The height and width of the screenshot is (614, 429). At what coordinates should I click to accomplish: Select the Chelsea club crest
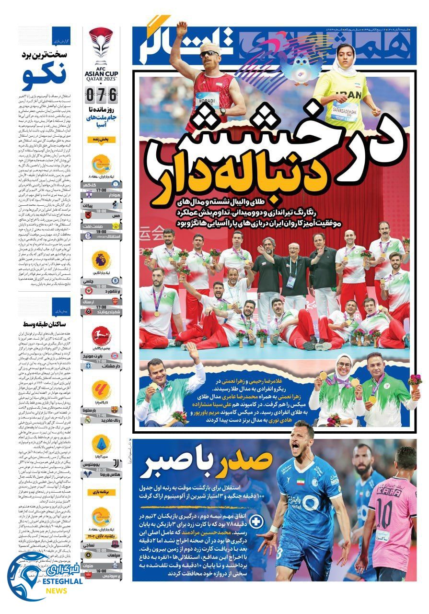(116, 280)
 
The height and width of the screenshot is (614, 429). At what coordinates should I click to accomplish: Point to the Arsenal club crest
(116, 301)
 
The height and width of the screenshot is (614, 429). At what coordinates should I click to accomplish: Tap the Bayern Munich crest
(116, 356)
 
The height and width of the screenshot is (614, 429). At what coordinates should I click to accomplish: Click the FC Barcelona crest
(116, 410)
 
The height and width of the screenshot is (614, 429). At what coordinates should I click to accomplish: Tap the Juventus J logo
(116, 464)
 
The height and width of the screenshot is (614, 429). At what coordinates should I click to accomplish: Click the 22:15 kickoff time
(101, 469)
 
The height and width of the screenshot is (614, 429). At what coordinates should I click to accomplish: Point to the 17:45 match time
(101, 415)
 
